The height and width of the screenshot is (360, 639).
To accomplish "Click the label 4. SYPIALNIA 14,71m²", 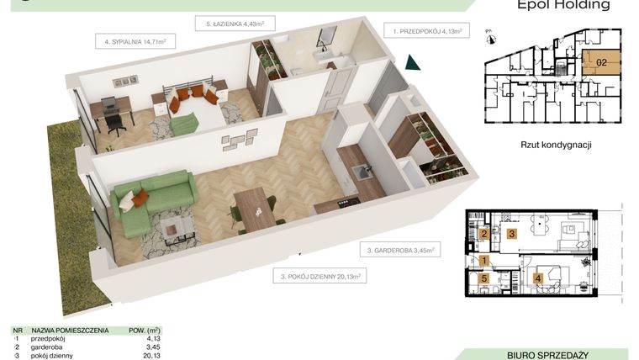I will (135, 40).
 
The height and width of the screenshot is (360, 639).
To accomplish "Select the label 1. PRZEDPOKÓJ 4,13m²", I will (430, 30).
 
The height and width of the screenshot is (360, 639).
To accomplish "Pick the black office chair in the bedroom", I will (114, 117).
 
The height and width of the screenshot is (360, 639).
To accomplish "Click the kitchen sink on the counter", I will (363, 172).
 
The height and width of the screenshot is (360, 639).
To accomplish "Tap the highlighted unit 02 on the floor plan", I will (601, 61).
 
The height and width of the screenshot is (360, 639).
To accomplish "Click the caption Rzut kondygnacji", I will (557, 145).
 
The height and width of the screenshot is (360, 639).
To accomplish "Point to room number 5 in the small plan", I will (484, 279).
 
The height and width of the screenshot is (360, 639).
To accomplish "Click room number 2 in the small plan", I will (484, 235).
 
